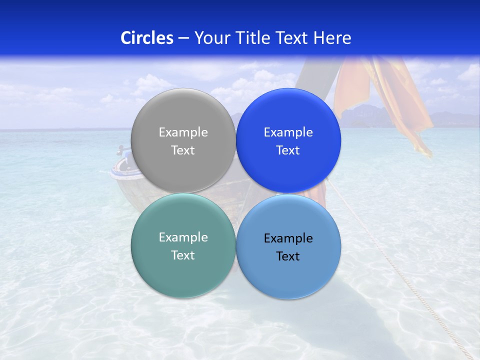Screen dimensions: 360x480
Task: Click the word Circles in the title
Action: click(x=146, y=38)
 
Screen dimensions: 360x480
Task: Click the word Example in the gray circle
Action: click(x=183, y=132)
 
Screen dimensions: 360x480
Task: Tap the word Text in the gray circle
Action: click(x=183, y=150)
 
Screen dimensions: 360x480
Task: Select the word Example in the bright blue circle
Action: click(x=288, y=132)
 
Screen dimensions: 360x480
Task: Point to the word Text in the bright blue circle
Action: click(x=288, y=150)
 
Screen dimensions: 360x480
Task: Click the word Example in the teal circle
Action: click(x=183, y=237)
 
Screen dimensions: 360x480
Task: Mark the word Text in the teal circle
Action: click(x=183, y=255)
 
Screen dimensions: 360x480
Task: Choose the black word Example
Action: click(x=288, y=238)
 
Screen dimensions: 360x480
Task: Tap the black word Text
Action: click(x=288, y=256)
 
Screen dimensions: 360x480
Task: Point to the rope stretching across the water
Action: click(x=400, y=270)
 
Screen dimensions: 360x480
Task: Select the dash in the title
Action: click(x=183, y=38)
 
